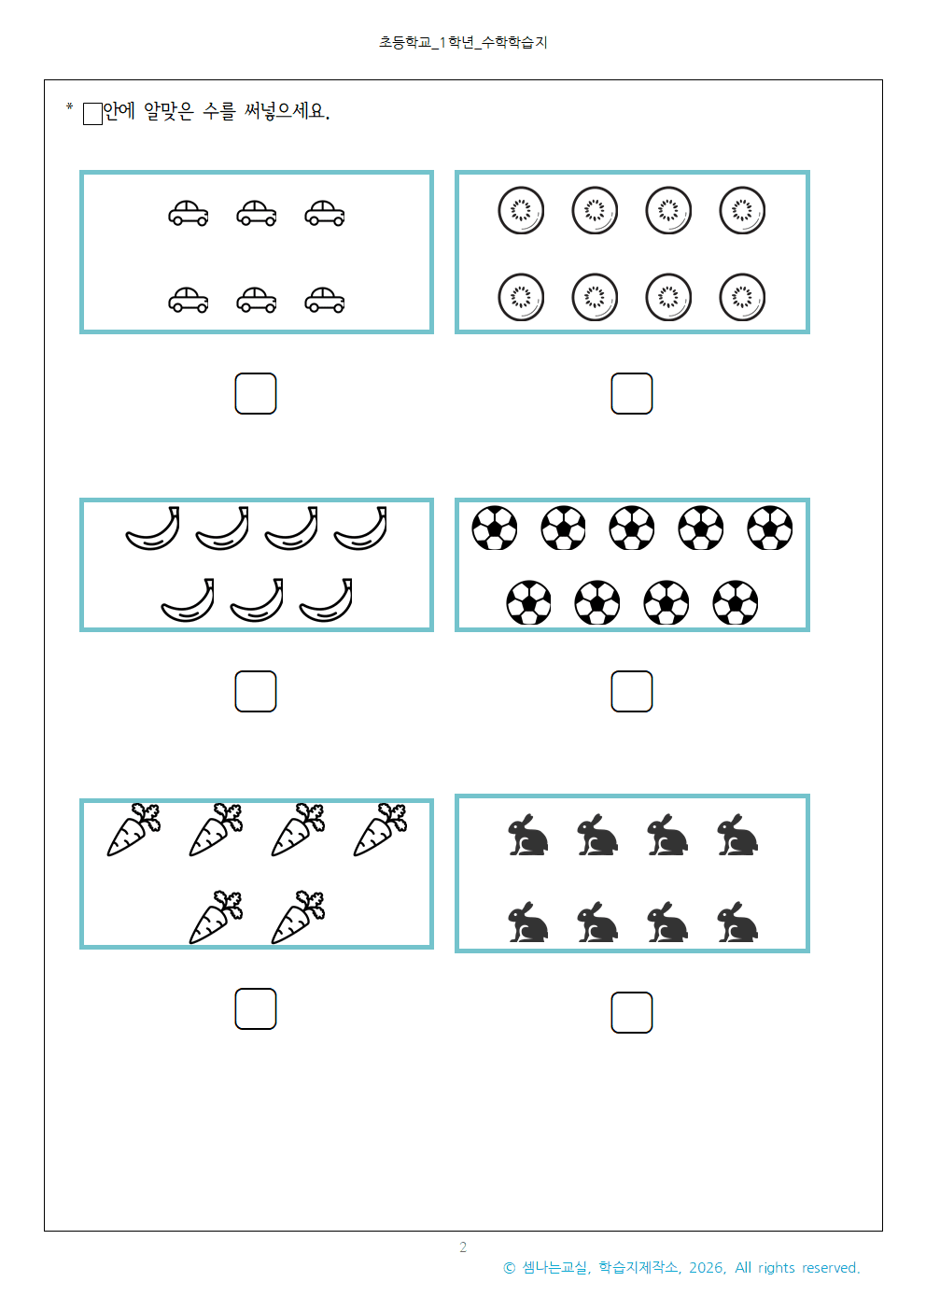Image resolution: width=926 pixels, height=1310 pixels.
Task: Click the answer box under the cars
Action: point(255,393)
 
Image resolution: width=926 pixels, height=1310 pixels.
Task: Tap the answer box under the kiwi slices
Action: point(631,393)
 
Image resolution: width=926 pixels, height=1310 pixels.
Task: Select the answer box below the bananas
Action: point(255,691)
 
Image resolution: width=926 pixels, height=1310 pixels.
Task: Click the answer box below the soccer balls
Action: point(631,691)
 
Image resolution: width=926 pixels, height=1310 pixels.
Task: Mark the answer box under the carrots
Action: point(255,1008)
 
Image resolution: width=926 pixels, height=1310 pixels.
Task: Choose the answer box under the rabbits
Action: point(631,1012)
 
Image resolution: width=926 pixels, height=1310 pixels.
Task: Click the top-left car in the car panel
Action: point(188,214)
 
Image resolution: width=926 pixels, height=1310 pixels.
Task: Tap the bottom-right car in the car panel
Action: point(324,301)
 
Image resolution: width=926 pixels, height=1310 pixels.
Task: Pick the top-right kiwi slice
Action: point(742,211)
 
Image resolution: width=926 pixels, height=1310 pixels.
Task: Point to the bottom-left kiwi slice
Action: point(521,297)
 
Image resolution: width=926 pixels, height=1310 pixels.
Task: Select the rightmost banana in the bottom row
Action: point(326,602)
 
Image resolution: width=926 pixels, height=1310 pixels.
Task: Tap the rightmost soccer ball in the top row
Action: point(769,528)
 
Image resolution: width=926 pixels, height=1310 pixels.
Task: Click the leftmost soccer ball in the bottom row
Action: point(528,602)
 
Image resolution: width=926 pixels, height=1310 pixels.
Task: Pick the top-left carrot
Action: point(133,830)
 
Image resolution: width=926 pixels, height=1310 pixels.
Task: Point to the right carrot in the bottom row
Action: point(298,918)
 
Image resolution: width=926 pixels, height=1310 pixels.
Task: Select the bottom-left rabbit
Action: point(527,923)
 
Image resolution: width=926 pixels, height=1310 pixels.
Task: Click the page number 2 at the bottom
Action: point(463,1247)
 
